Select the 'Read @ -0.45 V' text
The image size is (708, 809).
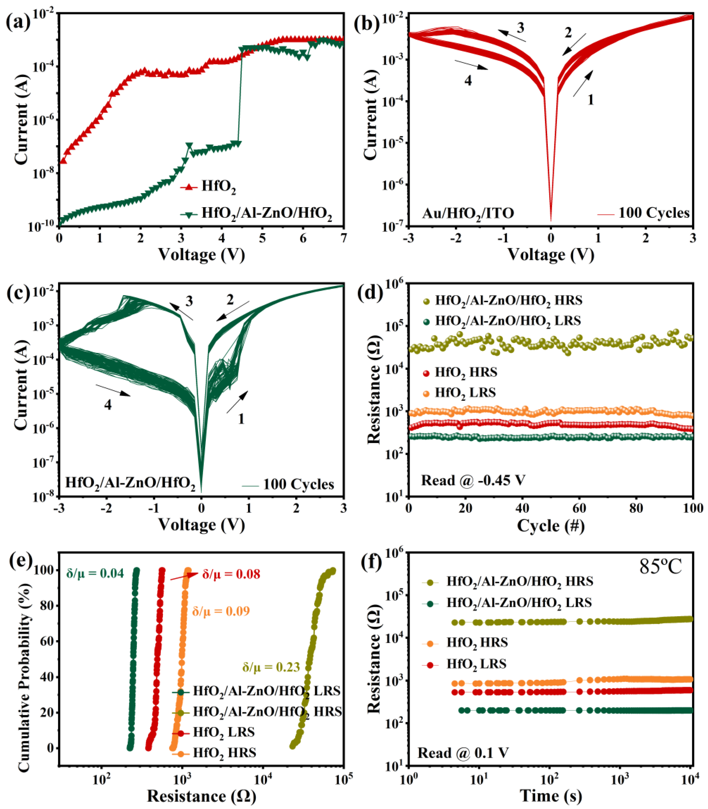pyautogui.click(x=473, y=481)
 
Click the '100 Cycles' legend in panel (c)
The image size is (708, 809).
pyautogui.click(x=298, y=484)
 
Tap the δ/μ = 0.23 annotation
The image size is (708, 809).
pyautogui.click(x=271, y=667)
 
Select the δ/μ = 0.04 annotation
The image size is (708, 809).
pyautogui.click(x=95, y=573)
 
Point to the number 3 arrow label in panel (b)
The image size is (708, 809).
pyautogui.click(x=520, y=28)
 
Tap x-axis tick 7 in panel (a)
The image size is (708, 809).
pyautogui.click(x=343, y=238)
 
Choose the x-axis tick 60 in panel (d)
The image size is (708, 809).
pyautogui.click(x=579, y=508)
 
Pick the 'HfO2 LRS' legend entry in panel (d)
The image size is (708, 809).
pyautogui.click(x=465, y=393)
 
